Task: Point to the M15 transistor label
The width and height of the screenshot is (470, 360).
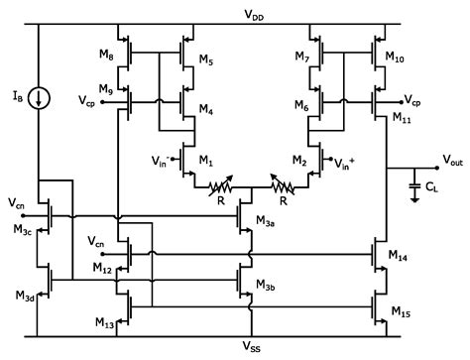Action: pyautogui.click(x=399, y=312)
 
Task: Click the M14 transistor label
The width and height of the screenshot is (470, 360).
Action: pyautogui.click(x=399, y=256)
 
